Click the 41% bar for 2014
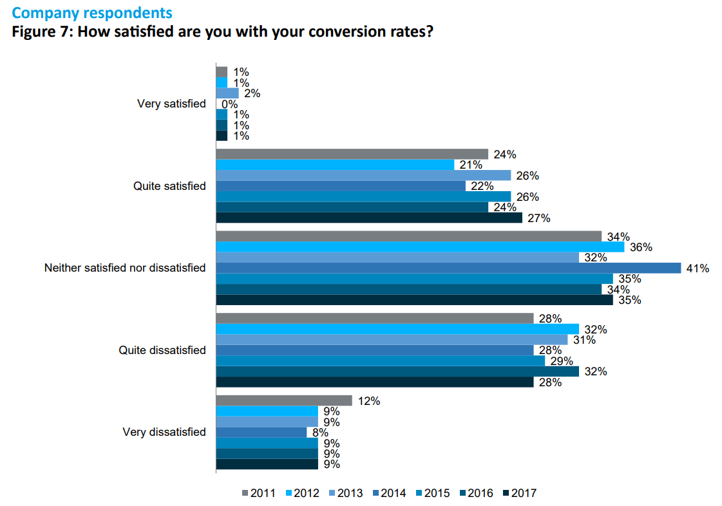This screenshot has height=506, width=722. [x=448, y=268]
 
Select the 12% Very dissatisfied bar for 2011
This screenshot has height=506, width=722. [x=284, y=400]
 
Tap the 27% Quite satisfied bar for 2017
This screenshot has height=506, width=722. [x=368, y=218]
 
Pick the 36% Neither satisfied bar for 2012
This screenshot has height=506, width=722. [x=419, y=247]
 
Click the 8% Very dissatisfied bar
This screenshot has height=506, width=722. [x=261, y=433]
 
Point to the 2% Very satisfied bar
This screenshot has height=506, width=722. [x=227, y=93]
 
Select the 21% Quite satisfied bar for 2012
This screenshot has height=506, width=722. [x=335, y=165]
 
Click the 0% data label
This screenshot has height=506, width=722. [x=230, y=104]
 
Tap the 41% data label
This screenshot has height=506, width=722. [x=697, y=268]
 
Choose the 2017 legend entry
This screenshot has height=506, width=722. [x=518, y=493]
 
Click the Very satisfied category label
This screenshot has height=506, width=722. [x=171, y=104]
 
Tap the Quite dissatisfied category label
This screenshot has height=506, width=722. [x=162, y=350]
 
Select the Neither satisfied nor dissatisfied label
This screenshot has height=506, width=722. [x=125, y=268]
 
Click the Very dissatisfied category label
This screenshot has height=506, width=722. [x=164, y=432]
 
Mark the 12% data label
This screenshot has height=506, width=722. [x=369, y=401]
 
